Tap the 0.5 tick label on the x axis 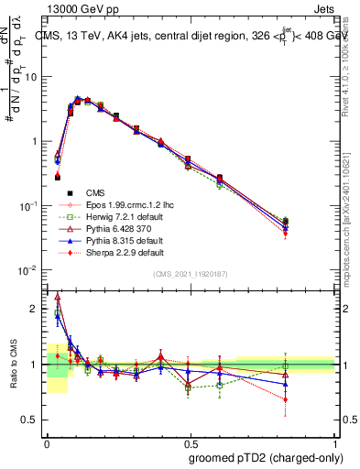click(191, 441)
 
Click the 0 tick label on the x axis click(47, 441)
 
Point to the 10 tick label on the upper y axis click(32, 77)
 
